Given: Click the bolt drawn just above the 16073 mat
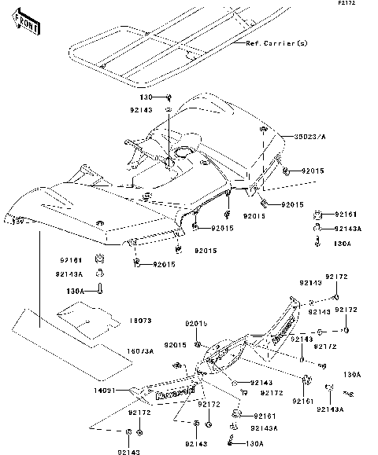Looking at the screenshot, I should pyautogui.click(x=102, y=289).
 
